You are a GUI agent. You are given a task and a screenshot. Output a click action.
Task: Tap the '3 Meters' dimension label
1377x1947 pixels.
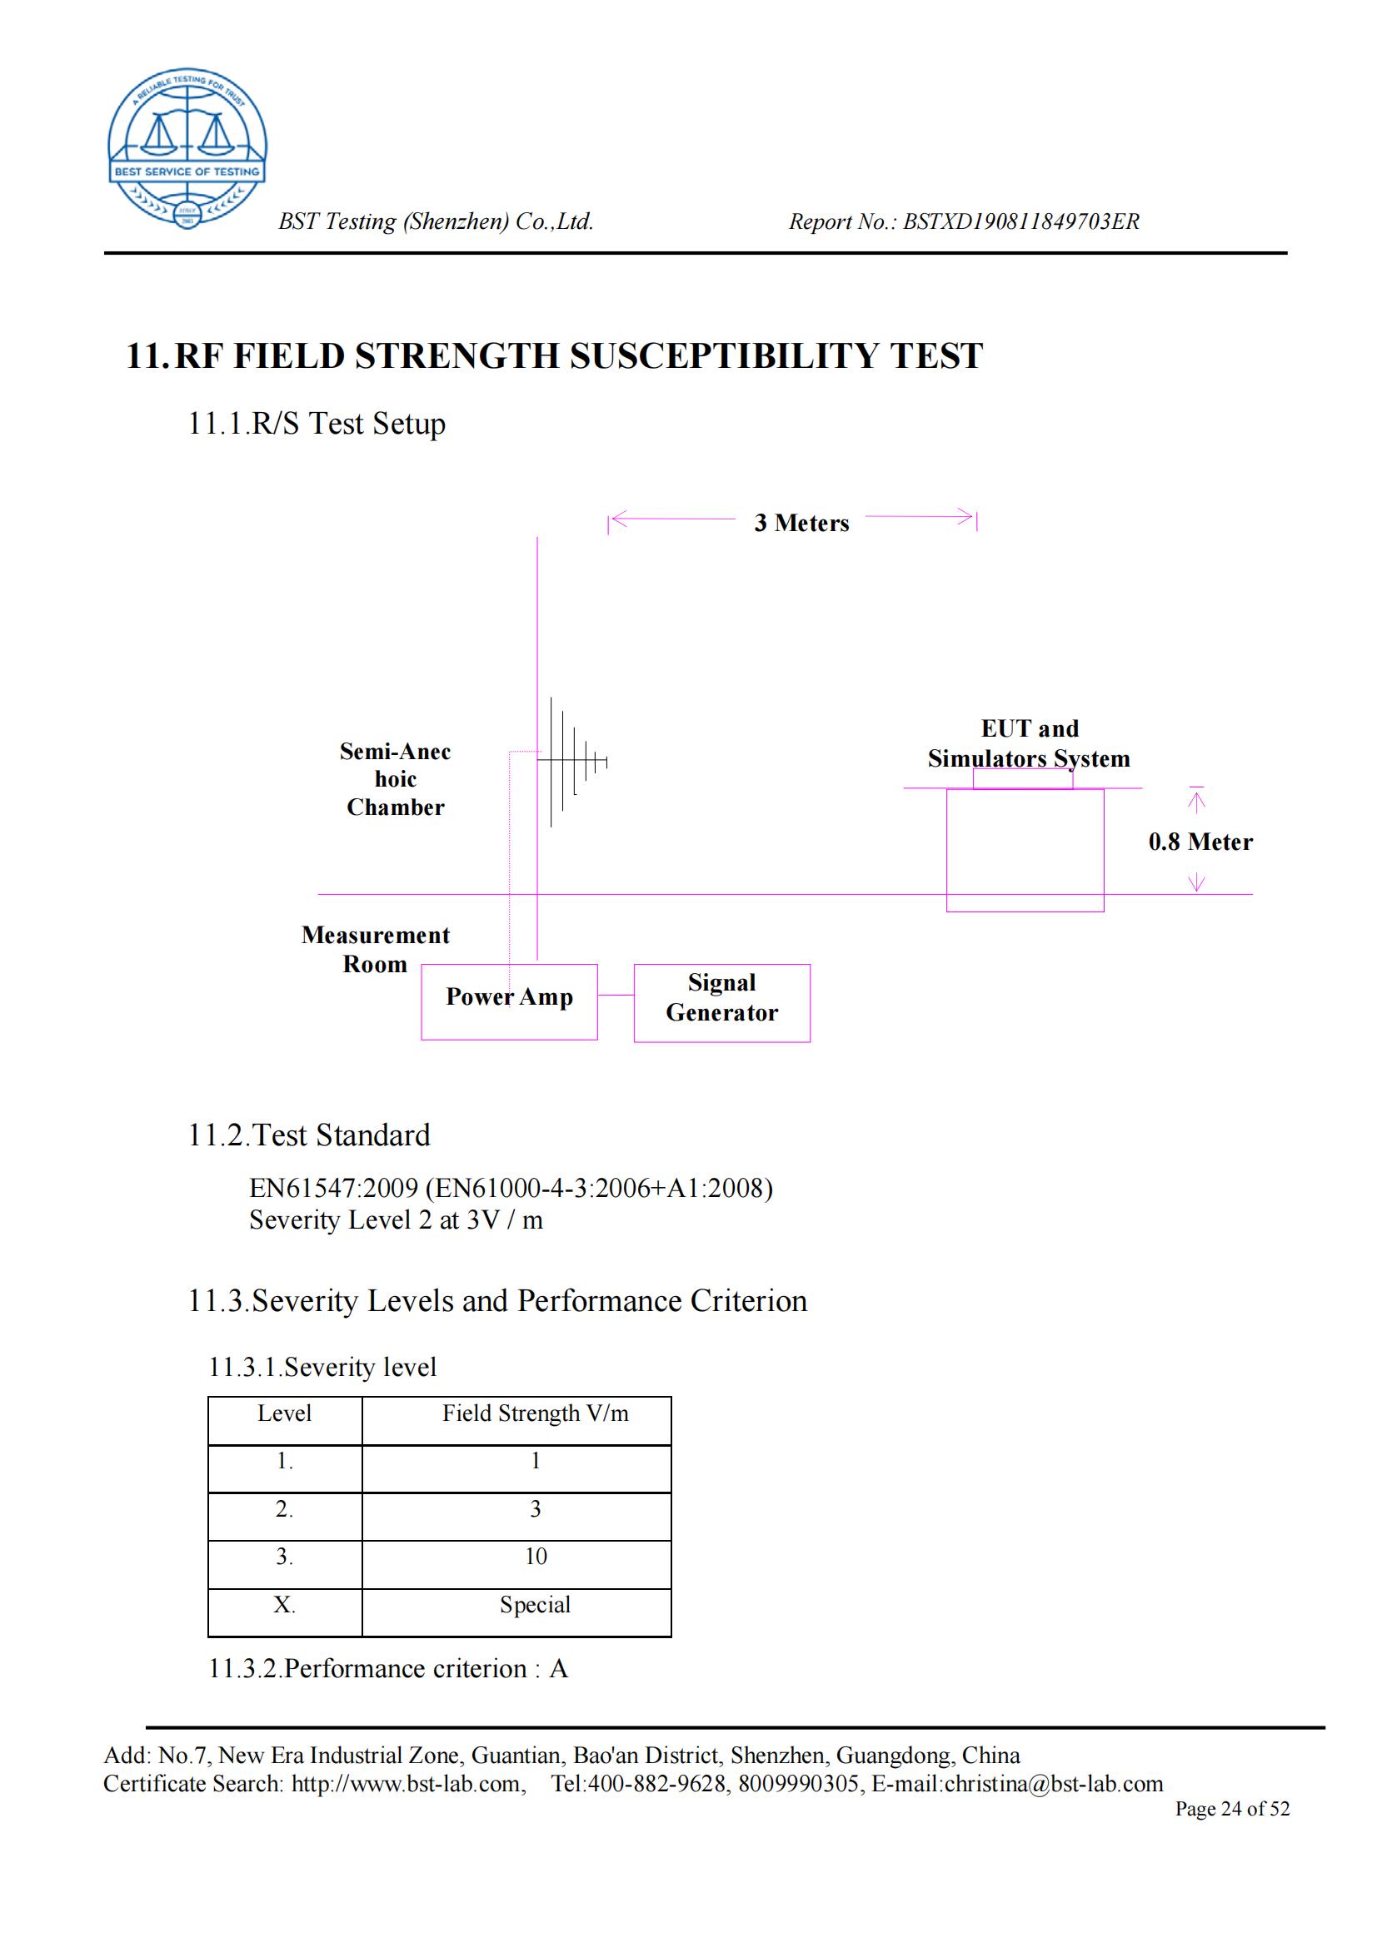point(801,524)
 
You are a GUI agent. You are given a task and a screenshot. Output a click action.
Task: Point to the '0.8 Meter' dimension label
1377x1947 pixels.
point(1200,842)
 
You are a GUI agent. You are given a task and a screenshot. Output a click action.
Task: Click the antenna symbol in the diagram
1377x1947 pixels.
point(572,761)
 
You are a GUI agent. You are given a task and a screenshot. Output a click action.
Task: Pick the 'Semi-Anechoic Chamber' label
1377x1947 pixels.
point(396,778)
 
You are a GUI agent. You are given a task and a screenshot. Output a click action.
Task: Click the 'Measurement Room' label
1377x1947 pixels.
point(375,949)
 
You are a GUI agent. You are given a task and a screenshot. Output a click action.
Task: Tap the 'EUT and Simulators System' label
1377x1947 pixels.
point(1028,743)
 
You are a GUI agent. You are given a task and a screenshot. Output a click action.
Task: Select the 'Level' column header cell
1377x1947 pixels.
point(284,1413)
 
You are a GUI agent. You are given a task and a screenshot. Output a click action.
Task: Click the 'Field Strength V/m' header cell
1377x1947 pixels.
point(535,1413)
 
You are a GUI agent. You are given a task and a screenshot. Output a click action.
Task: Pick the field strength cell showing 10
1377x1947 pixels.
point(536,1556)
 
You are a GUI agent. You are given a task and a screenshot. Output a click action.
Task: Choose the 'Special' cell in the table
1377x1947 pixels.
point(535,1604)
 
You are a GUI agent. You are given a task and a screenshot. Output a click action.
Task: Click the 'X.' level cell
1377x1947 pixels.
point(284,1604)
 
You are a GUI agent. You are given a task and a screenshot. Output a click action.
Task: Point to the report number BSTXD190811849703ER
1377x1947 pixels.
point(1020,221)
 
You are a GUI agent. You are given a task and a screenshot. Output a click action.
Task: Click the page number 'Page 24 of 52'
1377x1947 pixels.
point(1231,1808)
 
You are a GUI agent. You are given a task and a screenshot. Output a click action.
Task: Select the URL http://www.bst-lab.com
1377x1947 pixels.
point(406,1783)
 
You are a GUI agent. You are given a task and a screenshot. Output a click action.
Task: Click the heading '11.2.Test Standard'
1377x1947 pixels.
point(309,1135)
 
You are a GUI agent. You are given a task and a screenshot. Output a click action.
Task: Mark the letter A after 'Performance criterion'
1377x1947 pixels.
point(558,1668)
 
